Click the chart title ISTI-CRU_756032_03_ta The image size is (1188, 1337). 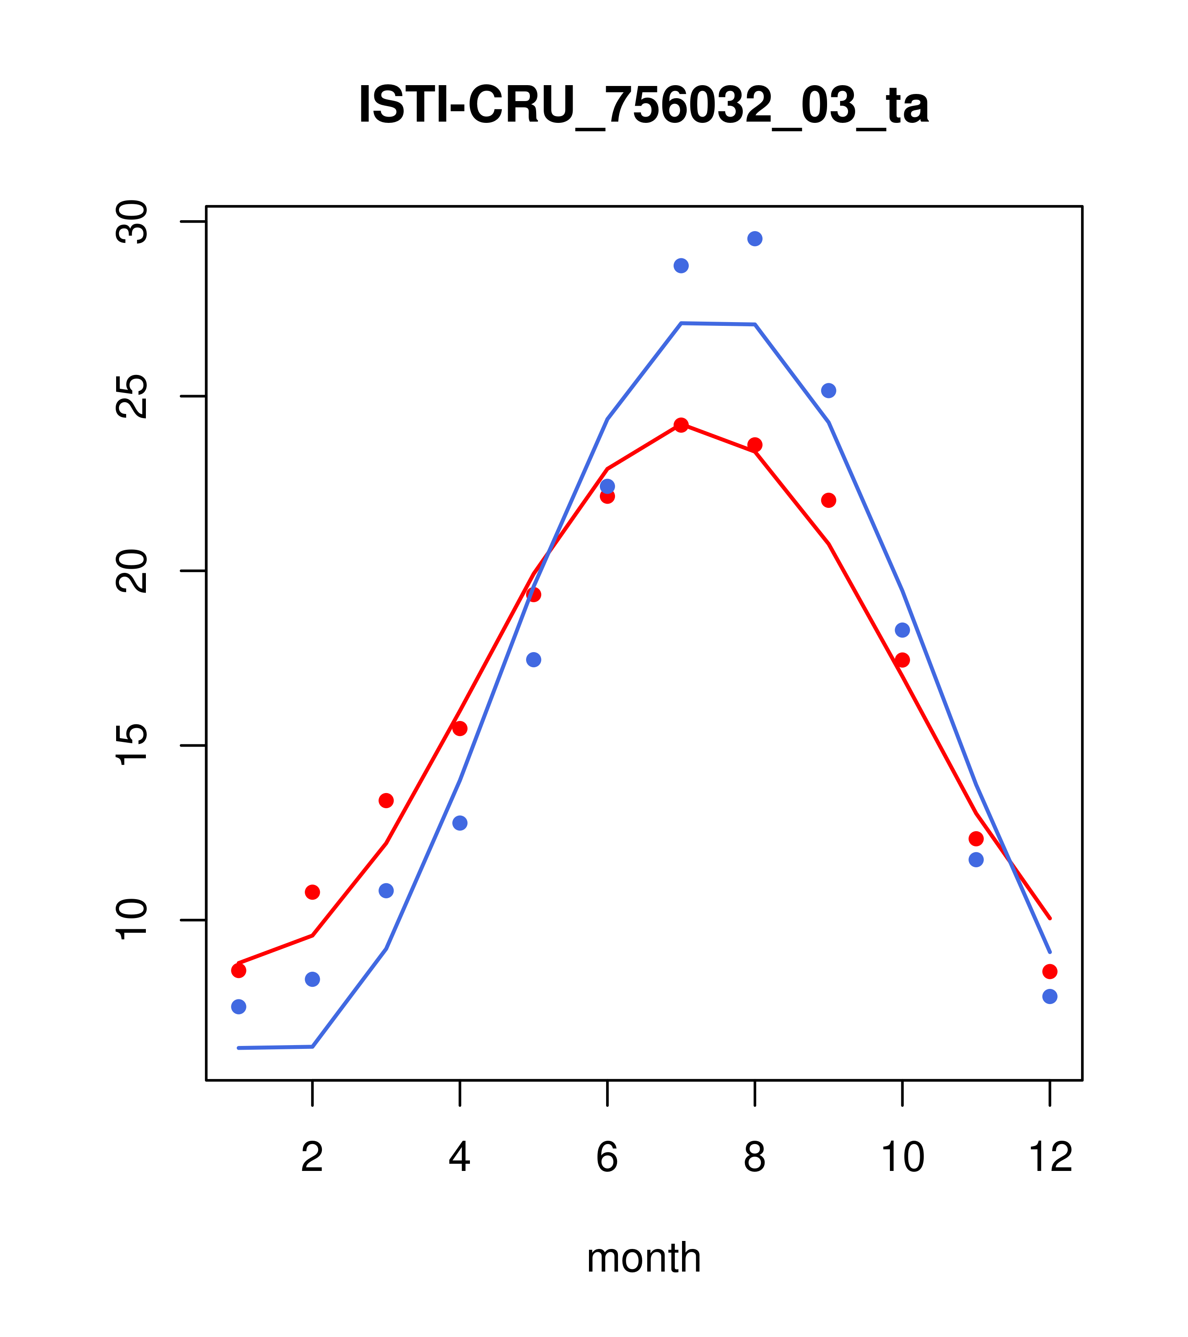(643, 105)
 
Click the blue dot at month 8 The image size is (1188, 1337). (755, 239)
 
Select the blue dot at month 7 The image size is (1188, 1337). (681, 265)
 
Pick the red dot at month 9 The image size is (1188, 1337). (828, 500)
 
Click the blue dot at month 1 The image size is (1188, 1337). (239, 1007)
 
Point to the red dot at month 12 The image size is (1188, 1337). (1049, 971)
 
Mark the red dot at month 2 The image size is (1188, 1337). (313, 892)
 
